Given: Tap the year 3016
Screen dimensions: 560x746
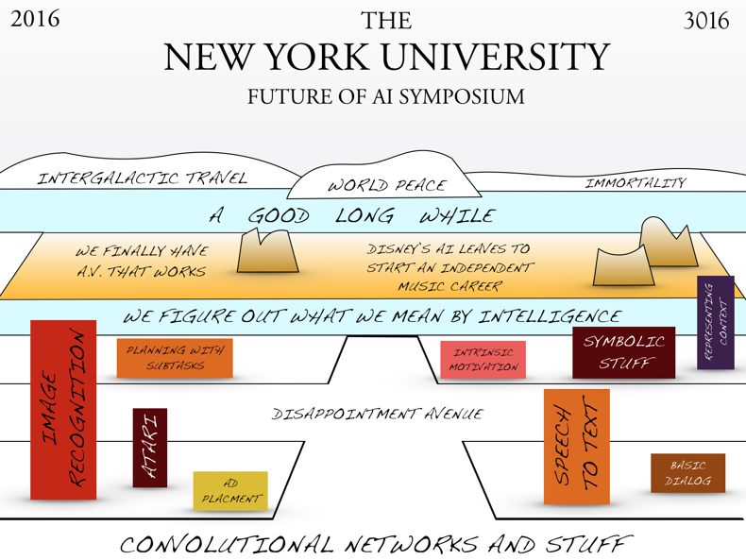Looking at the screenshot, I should click(706, 20).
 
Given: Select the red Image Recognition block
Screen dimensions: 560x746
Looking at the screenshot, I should click(63, 410).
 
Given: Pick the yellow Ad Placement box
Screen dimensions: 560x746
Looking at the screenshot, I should click(229, 491).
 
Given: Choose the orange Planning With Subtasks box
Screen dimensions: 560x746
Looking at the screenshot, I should click(174, 358).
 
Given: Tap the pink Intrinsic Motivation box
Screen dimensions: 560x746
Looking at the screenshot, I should click(483, 360).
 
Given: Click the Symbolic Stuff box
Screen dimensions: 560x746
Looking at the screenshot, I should click(623, 352).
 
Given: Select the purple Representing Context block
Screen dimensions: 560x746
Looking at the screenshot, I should click(715, 322).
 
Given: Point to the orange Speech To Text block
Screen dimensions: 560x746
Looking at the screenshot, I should click(576, 446).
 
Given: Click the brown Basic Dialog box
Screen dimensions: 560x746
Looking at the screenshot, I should click(687, 473).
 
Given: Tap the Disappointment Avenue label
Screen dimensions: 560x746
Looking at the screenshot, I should click(377, 414).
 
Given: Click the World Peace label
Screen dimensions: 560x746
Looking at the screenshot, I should click(386, 185).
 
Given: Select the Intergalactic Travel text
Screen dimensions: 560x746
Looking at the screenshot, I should click(142, 178).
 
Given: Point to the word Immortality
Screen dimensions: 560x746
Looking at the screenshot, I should click(636, 182).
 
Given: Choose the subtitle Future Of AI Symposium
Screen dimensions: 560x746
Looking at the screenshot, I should click(385, 96).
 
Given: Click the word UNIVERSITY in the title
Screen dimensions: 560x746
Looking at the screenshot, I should click(500, 59).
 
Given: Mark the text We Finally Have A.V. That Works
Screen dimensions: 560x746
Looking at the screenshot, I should click(142, 262).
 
